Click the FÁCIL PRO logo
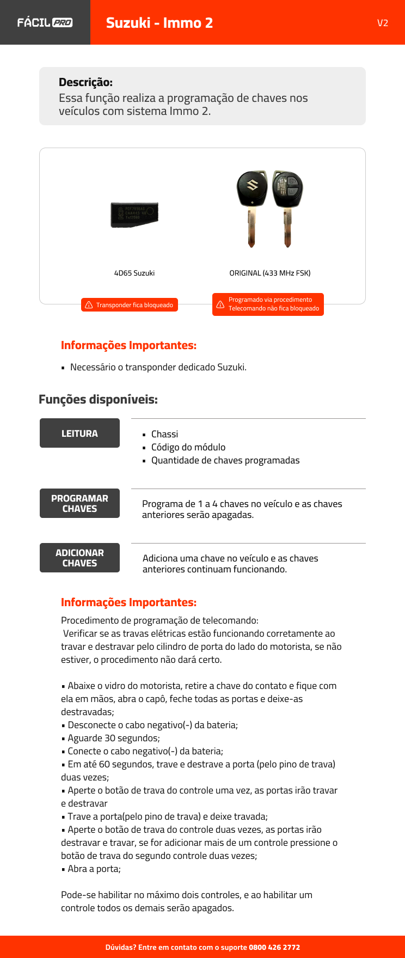(x=45, y=22)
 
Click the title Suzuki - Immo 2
(x=159, y=23)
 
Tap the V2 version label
(x=382, y=23)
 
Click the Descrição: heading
(x=85, y=82)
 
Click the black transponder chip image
(x=134, y=215)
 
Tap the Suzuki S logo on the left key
(x=252, y=186)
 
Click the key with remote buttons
(x=287, y=207)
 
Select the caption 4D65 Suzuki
(x=134, y=273)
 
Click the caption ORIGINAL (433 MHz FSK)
(x=269, y=273)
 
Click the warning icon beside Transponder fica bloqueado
(x=89, y=305)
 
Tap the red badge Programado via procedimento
(x=268, y=304)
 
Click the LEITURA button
(x=79, y=433)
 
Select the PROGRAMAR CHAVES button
(x=79, y=503)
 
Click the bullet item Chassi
(x=164, y=434)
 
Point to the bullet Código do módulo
(x=188, y=447)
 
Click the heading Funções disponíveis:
(x=98, y=399)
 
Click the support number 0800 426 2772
(x=274, y=947)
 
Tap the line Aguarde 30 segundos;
(x=113, y=738)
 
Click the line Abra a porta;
(x=94, y=869)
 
